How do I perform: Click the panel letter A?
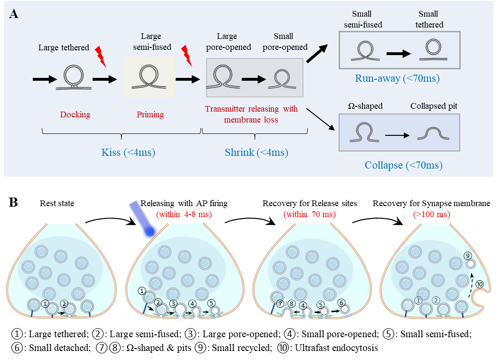[x=14, y=14]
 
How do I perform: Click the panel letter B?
[x=14, y=203]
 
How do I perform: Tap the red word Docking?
[x=75, y=114]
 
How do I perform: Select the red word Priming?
[x=150, y=114]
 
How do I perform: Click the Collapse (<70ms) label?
[x=403, y=165]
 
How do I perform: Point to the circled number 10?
[x=480, y=284]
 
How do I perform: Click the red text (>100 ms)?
[x=438, y=214]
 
